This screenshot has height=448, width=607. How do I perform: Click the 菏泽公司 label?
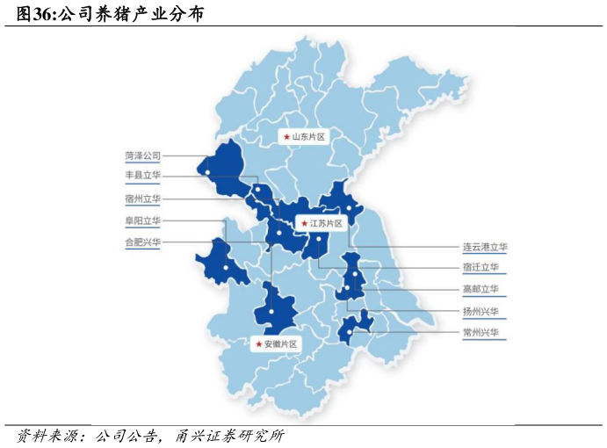142,155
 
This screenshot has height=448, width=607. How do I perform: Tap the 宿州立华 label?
142,199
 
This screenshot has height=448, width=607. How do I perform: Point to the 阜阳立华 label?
142,220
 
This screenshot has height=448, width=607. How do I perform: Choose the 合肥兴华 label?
142,242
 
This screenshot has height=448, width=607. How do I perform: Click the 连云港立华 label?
485,248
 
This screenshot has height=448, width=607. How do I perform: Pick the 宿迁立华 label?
481,267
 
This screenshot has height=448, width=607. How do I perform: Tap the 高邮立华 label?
481,289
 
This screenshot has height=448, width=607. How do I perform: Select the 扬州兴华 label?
481,311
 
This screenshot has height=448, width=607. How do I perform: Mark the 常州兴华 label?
481,333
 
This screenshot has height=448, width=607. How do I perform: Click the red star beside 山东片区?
286,137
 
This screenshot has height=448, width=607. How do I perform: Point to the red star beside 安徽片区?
258,343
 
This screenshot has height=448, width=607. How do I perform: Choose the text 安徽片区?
281,343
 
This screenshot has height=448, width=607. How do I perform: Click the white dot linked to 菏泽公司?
207,172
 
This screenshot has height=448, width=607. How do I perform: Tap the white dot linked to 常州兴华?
350,332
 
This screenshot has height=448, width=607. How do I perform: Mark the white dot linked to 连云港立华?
349,208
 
